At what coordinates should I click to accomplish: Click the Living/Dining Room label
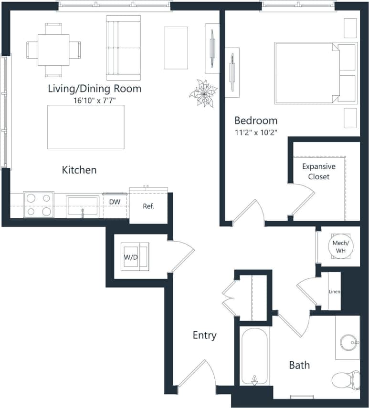coord(95,89)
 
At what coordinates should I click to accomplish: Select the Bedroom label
coord(255,120)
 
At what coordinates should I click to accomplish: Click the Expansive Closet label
coord(318,172)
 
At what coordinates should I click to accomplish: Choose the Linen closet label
coord(334,291)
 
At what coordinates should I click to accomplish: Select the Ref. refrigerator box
coord(148,206)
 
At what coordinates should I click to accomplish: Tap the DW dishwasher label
coord(115,202)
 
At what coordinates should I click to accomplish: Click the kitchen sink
coord(83,206)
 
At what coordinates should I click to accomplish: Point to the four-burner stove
coord(38,204)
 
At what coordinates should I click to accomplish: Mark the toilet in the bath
coord(346,379)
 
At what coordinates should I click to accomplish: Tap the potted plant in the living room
coord(203,93)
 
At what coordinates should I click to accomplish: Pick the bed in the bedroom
coord(310,73)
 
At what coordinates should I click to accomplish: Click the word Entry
coord(204,335)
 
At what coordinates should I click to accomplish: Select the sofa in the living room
coord(124,48)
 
